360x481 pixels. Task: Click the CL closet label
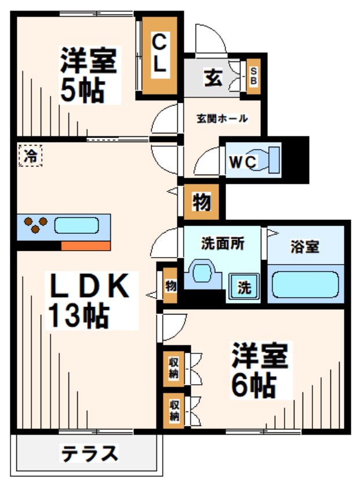(159, 53)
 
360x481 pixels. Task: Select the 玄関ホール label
(222, 119)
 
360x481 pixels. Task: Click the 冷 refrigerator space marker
(30, 155)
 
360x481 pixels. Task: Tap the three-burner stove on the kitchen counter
(35, 226)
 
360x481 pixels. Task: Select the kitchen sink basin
(77, 226)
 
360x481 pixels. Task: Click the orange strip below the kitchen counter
(85, 245)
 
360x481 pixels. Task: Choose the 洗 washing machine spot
(244, 287)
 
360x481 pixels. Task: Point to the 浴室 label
(304, 246)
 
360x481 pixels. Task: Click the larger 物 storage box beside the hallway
(201, 203)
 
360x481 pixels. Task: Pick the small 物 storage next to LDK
(170, 285)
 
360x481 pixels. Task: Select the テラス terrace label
(89, 453)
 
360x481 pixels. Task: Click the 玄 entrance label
(212, 77)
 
